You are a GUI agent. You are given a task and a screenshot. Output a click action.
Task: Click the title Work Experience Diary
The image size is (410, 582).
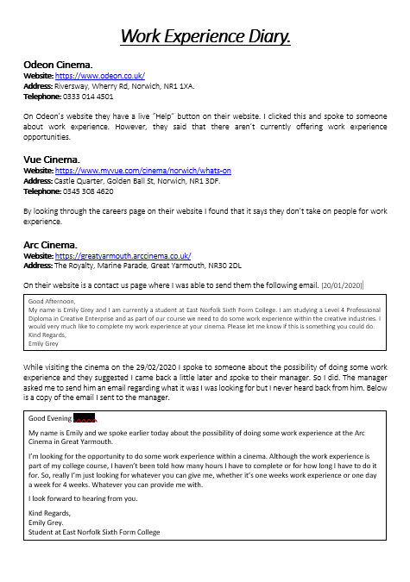coord(205,36)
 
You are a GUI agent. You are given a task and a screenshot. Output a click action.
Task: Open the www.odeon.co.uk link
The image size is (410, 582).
coord(99,76)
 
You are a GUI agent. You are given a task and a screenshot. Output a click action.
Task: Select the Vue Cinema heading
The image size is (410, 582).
coord(52,160)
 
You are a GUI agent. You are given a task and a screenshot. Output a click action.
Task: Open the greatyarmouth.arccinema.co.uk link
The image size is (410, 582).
coord(123,255)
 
